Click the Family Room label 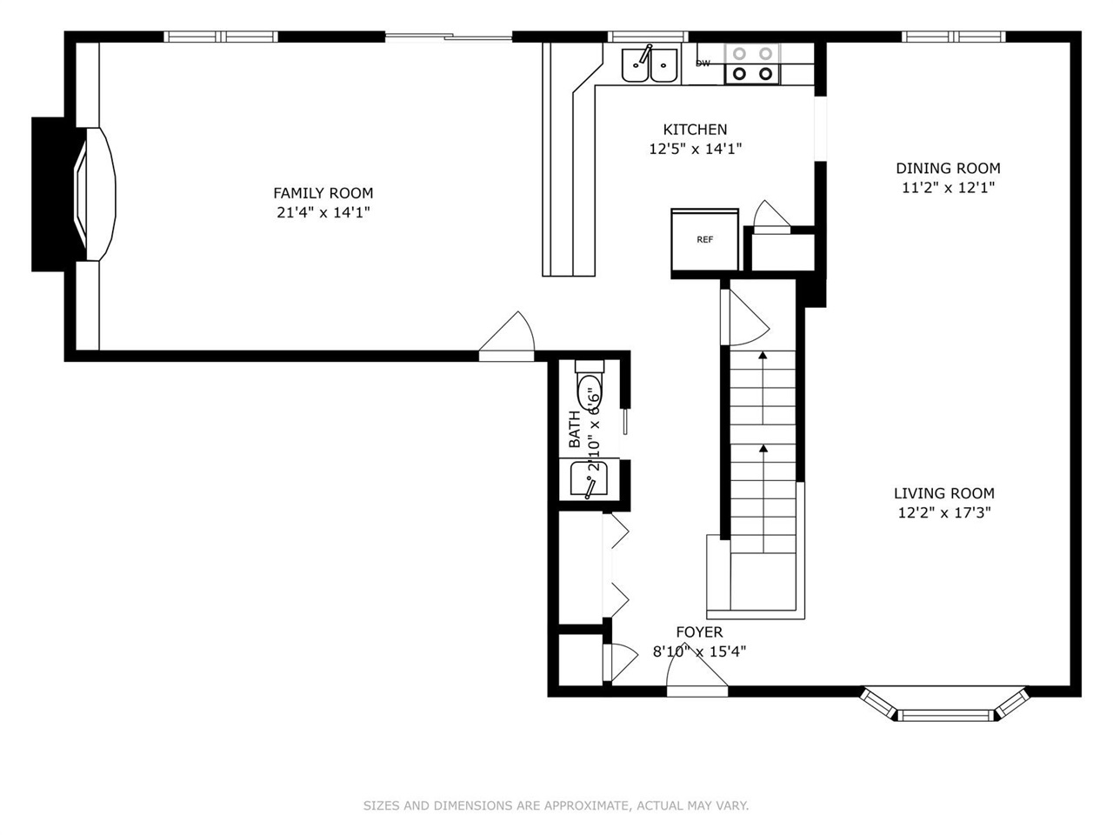point(323,193)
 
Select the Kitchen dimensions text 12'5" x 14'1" point(695,149)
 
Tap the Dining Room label point(948,168)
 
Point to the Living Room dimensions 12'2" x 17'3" point(943,512)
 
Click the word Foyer point(699,632)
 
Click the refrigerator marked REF point(704,240)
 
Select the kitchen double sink point(650,64)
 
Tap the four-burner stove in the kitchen point(753,63)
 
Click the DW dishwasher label point(703,63)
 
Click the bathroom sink point(588,479)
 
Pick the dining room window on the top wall point(953,37)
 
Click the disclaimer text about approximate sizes point(556,805)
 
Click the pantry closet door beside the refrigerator point(770,217)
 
